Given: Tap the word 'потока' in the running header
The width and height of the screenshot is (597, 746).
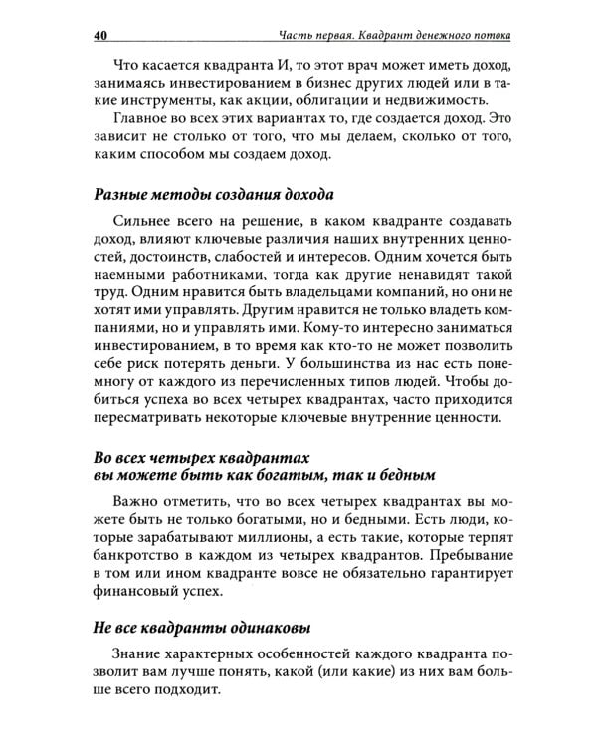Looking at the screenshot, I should pos(488,36).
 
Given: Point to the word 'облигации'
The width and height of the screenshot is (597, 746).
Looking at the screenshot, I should pos(308,107).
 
